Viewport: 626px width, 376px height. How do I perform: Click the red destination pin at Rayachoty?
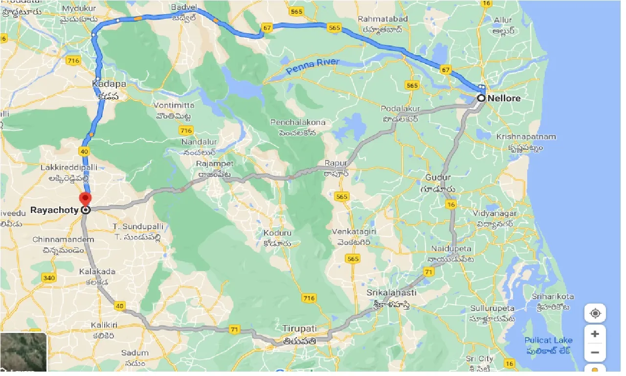pos(86,200)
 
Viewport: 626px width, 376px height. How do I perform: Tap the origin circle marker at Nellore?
pos(481,98)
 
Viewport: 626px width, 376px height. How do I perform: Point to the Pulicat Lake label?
pos(548,340)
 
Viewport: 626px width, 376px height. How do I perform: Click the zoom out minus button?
pos(595,352)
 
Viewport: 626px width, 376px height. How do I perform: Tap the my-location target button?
pos(595,313)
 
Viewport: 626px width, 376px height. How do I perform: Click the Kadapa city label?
pos(109,84)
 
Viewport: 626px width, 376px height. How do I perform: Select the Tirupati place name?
pos(299,328)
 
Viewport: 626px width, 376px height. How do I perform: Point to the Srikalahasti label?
pos(391,293)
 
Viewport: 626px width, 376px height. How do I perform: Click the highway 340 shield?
pos(48,278)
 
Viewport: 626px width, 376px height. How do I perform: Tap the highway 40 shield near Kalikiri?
pos(120,306)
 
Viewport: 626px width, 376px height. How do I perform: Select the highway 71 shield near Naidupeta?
pos(429,272)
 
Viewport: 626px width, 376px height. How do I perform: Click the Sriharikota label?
pos(553,297)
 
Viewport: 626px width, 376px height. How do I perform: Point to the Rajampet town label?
pos(215,164)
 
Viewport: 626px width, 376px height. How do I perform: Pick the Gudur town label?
pos(438,177)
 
